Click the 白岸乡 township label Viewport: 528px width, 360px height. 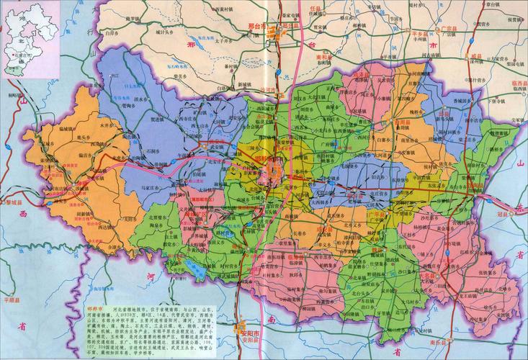pyautogui.click(x=111, y=33)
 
